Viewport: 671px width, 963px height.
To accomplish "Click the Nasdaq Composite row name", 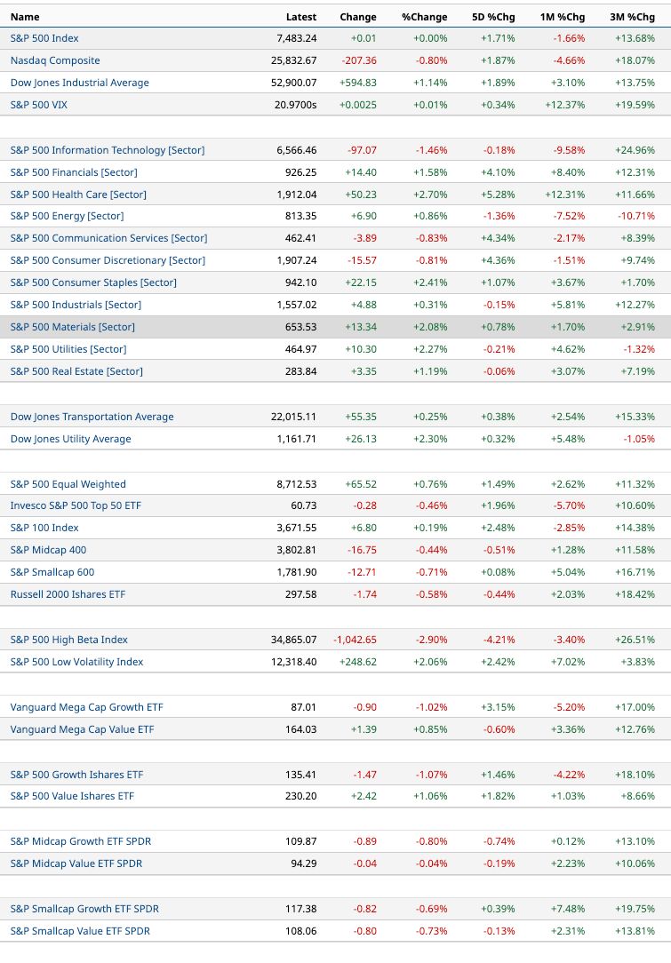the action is click(x=55, y=60).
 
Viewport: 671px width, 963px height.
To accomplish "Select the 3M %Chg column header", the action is click(x=632, y=17).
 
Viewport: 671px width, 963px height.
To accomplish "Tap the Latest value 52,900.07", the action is click(x=293, y=83).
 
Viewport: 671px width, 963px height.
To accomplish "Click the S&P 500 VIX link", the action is click(x=39, y=105).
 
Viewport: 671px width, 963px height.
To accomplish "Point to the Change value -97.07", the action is click(x=362, y=150).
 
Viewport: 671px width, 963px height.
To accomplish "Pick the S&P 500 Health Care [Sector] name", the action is click(x=78, y=194).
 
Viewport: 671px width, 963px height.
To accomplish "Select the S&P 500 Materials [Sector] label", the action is click(x=73, y=327).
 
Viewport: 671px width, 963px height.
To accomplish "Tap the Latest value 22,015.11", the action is click(x=293, y=417).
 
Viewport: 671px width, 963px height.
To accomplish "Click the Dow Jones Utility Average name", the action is click(x=71, y=439).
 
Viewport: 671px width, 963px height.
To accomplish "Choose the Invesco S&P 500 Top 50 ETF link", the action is click(x=76, y=505).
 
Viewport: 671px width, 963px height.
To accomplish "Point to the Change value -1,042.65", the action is click(x=355, y=640).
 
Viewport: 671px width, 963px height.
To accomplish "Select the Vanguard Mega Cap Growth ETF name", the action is click(x=86, y=707).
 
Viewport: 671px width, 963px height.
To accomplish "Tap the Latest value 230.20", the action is click(x=301, y=796).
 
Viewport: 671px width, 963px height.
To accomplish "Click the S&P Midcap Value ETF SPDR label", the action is click(x=76, y=864).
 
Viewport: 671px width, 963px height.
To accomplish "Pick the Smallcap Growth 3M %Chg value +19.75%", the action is click(x=635, y=909).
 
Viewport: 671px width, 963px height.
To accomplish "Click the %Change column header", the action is click(x=425, y=17).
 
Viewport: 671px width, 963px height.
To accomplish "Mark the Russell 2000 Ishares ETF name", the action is click(x=68, y=594).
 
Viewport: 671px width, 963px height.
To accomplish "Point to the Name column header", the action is click(x=25, y=17).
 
